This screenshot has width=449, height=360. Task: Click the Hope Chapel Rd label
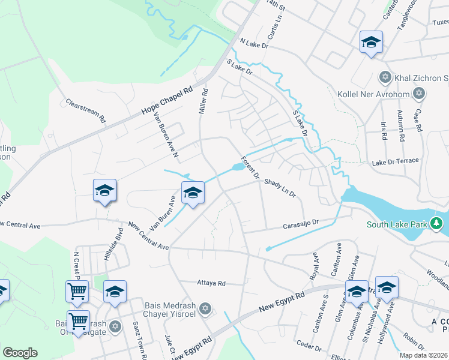pyautogui.click(x=167, y=101)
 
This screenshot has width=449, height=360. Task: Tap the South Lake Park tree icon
pyautogui.click(x=436, y=225)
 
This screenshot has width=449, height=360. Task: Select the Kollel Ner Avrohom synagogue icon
pyautogui.click(x=419, y=93)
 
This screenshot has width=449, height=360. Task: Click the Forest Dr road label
pyautogui.click(x=250, y=169)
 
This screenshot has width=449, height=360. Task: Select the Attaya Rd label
pyautogui.click(x=211, y=283)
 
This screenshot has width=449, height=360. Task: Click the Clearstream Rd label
pyautogui.click(x=86, y=111)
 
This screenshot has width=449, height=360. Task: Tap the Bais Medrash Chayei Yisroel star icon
pyautogui.click(x=205, y=308)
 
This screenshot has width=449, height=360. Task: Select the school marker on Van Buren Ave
pyautogui.click(x=193, y=193)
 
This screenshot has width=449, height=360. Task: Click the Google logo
pyautogui.click(x=20, y=352)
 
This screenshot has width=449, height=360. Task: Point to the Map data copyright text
pyautogui.click(x=424, y=355)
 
